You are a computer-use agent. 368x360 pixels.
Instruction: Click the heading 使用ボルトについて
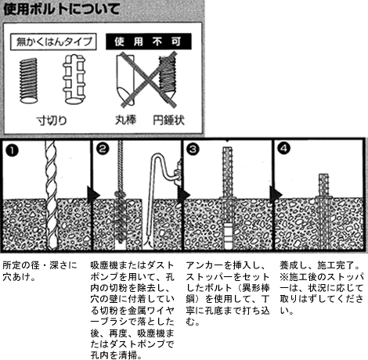61,9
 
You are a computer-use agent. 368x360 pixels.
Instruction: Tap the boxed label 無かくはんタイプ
53,41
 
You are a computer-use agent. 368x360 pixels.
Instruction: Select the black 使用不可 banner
148,41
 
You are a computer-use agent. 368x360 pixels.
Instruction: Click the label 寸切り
52,121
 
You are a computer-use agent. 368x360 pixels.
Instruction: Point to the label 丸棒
126,120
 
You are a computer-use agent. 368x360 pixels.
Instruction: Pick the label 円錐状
168,121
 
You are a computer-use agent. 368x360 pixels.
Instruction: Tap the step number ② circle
103,149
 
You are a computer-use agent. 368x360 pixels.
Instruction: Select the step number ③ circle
193,149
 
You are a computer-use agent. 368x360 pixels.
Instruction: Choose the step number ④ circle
284,149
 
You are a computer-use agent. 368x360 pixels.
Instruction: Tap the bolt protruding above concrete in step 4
323,185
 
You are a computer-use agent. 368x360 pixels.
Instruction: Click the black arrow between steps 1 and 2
93,195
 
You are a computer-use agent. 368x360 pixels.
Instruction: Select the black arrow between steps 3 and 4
276,194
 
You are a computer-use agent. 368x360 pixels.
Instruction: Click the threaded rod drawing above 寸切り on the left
29,81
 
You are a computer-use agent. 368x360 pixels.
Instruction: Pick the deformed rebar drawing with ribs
74,79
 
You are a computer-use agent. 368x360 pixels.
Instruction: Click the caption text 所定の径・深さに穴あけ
40,271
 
